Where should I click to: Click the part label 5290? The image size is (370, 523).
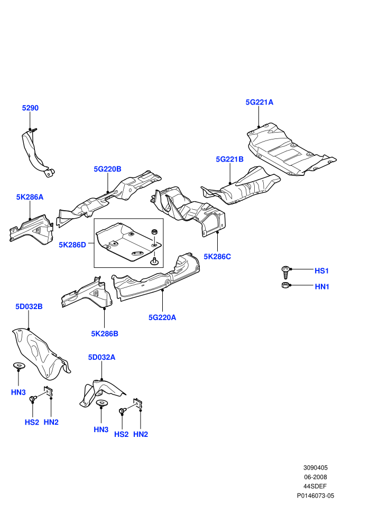click(x=30, y=108)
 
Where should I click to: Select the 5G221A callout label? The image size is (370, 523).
click(x=259, y=102)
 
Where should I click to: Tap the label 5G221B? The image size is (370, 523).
click(x=229, y=159)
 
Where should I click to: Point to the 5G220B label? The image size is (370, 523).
click(x=107, y=169)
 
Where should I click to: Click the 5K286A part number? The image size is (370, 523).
click(x=30, y=197)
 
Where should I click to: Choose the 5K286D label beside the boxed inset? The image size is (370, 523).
click(x=72, y=245)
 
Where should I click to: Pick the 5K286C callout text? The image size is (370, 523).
click(x=217, y=257)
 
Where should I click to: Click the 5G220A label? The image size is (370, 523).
click(x=162, y=317)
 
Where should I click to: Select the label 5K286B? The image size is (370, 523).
click(x=105, y=333)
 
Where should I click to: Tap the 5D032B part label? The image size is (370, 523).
click(x=29, y=306)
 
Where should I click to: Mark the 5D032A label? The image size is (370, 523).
click(x=101, y=357)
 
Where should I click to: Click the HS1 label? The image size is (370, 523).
click(x=321, y=270)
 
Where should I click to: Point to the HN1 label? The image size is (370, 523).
click(x=322, y=286)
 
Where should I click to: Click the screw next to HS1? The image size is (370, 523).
click(x=285, y=272)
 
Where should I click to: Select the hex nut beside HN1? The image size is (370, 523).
click(x=285, y=285)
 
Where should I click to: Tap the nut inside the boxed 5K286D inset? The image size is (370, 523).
click(x=154, y=231)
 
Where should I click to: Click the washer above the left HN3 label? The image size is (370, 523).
click(x=18, y=366)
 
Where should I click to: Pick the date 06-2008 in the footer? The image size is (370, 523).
click(x=315, y=477)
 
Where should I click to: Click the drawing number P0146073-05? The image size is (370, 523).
click(x=315, y=496)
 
